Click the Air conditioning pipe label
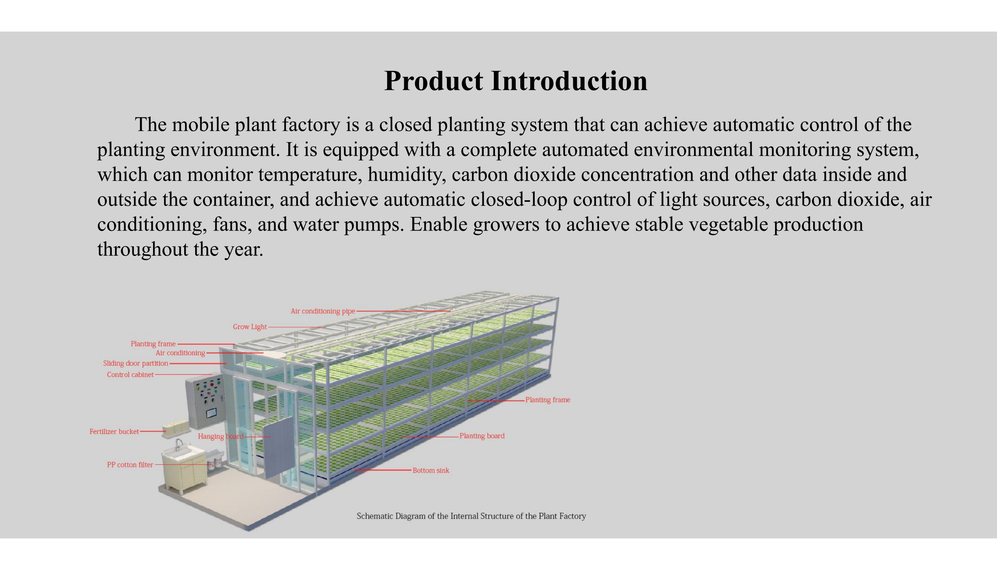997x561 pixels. point(323,311)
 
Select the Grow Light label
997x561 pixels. point(250,327)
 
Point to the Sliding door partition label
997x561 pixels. point(136,363)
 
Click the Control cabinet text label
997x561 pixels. point(130,375)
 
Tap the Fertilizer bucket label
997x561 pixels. point(114,432)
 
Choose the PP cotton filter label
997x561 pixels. point(130,465)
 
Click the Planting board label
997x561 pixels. point(482,436)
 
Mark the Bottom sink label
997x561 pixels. point(431,471)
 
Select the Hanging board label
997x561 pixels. point(220,436)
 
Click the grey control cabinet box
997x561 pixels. point(205,401)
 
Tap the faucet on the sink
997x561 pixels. point(179,444)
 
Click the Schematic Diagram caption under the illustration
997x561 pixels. point(471,516)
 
